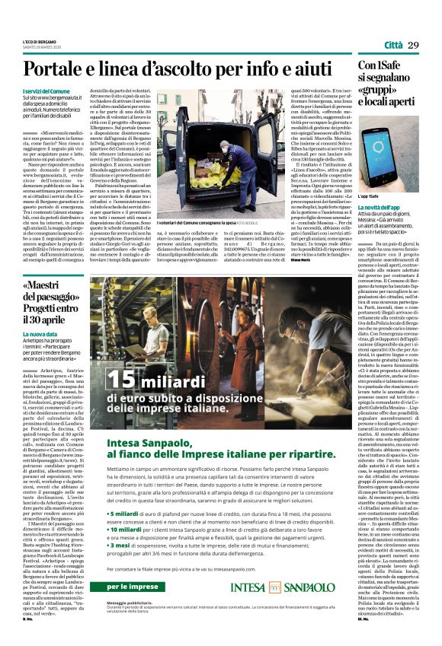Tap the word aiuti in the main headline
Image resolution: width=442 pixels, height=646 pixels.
click(307, 70)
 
